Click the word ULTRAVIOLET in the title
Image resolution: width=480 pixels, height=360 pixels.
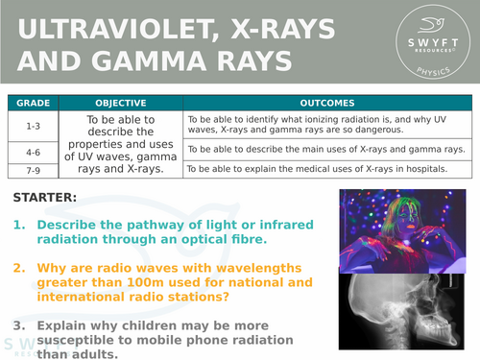click(x=107, y=25)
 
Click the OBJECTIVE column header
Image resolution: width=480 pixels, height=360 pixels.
click(x=121, y=103)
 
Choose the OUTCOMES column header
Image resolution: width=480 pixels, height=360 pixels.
click(x=326, y=103)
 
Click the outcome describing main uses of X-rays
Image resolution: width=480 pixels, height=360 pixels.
click(x=325, y=150)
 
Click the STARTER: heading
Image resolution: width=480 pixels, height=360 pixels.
click(x=46, y=199)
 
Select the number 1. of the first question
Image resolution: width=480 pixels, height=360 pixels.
click(x=19, y=224)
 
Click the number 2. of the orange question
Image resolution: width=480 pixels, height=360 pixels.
click(x=19, y=268)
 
